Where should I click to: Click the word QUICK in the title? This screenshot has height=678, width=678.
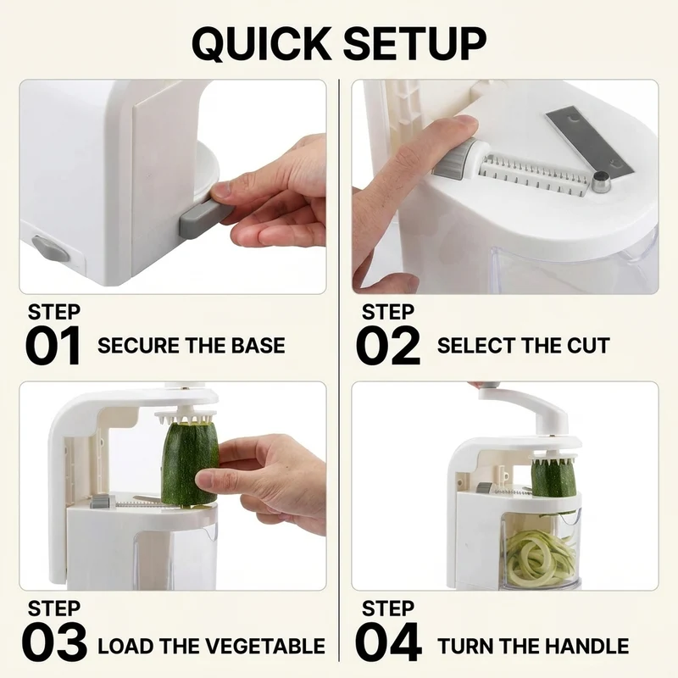(x=262, y=44)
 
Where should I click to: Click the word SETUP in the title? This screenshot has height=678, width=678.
(x=415, y=44)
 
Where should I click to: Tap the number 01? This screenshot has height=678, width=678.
(x=53, y=346)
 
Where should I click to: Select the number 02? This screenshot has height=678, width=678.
(x=388, y=346)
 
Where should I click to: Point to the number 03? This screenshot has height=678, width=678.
(x=54, y=642)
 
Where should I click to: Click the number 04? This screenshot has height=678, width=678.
(x=388, y=642)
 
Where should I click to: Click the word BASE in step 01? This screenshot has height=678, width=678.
(x=258, y=346)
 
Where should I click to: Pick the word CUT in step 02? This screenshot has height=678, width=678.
(x=588, y=346)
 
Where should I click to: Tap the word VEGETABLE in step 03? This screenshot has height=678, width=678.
(x=265, y=646)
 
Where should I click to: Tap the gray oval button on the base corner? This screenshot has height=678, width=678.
(x=51, y=248)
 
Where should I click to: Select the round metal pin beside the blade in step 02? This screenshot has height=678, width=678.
(x=601, y=181)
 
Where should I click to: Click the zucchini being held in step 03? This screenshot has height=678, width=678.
(x=189, y=464)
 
